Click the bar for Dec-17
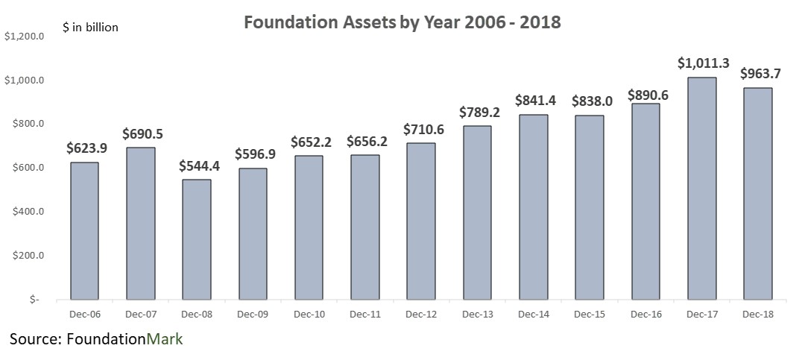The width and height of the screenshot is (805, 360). tap(701, 189)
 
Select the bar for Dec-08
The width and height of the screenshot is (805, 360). tap(197, 239)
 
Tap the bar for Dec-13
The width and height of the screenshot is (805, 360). tap(477, 212)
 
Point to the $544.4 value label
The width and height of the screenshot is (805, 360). tap(197, 166)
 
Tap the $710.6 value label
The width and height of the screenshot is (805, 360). tap(421, 130)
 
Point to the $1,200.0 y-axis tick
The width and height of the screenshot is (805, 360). tap(25, 36)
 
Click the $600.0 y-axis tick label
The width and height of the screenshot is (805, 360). tap(25, 168)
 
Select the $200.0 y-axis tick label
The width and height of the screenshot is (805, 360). tap(25, 256)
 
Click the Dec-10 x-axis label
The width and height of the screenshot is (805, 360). tap(309, 315)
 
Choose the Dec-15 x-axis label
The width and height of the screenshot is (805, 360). tap(590, 315)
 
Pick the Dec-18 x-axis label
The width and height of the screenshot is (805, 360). tap(757, 315)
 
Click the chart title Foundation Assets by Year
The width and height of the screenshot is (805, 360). tap(402, 23)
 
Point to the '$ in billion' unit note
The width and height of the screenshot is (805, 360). tap(90, 28)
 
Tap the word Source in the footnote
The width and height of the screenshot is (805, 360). tap(34, 340)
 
